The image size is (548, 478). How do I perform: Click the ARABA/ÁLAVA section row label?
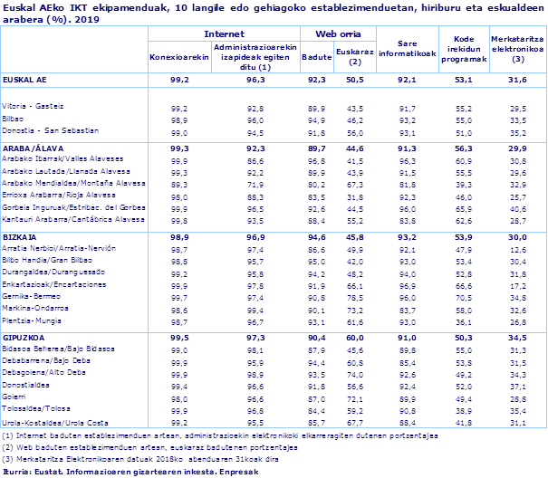tap(33, 148)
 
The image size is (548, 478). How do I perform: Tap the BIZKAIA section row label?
tap(22, 234)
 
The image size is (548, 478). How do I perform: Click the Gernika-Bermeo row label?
tap(33, 297)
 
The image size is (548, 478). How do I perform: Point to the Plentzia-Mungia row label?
tap(34, 321)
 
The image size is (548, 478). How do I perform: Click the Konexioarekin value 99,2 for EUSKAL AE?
tap(179, 80)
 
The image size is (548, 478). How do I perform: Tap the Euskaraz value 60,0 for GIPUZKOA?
tap(355, 337)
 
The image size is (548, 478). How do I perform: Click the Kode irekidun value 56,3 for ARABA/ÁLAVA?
tap(464, 148)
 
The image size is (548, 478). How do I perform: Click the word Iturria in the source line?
tap(17, 472)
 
